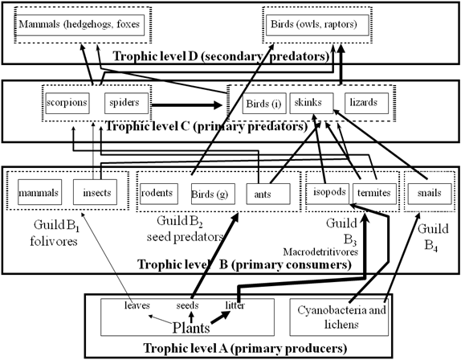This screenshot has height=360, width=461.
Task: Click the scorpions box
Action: (67, 103)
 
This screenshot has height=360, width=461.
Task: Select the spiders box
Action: (126, 103)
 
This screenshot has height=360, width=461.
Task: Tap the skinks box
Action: (312, 103)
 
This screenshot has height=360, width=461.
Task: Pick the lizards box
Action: (366, 103)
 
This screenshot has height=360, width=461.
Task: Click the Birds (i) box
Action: (264, 103)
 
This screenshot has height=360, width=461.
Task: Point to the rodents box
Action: (159, 194)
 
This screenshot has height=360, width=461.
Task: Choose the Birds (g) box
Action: (213, 194)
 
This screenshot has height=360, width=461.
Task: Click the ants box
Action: (268, 194)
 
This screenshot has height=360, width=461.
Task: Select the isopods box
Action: (328, 194)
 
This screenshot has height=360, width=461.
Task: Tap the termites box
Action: (374, 194)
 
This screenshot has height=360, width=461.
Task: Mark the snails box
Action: (430, 194)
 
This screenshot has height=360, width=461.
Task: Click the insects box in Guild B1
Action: (95, 192)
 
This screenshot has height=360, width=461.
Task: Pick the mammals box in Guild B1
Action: (39, 192)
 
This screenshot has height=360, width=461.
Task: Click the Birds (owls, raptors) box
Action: (317, 25)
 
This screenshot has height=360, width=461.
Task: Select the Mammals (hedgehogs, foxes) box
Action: (80, 25)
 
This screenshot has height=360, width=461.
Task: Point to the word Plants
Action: (191, 328)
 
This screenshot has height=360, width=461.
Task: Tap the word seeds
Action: (187, 305)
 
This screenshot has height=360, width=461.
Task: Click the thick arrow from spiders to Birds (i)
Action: (186, 105)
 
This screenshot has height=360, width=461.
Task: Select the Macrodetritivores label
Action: (320, 252)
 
